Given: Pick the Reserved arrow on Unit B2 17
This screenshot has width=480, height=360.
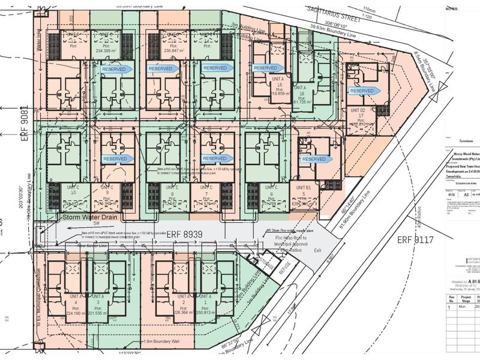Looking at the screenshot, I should tap(364, 91).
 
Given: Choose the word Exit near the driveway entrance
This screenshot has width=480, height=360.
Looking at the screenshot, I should tap(317, 250).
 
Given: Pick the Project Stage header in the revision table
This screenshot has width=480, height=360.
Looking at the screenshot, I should tap(465, 296).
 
